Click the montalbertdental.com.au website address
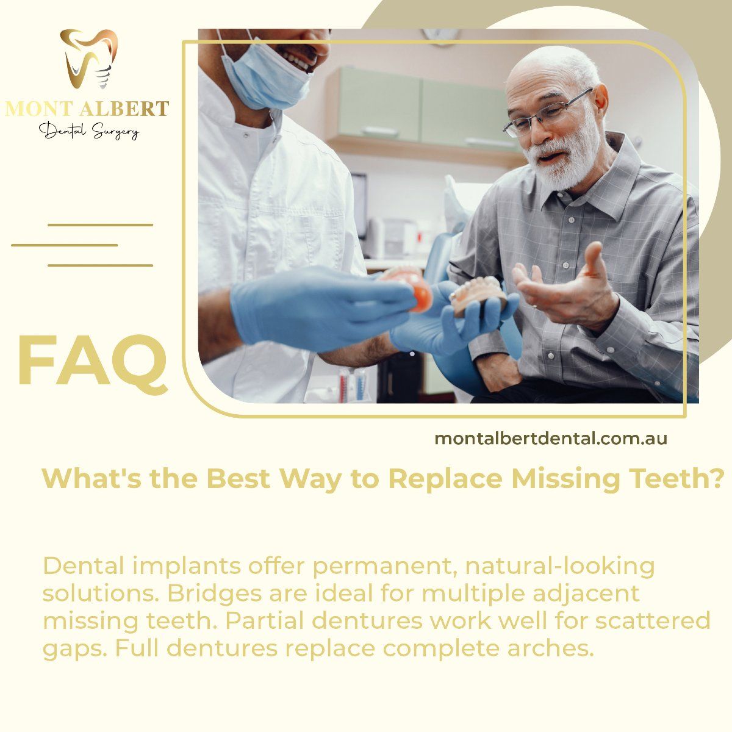(x=551, y=439)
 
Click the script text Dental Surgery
(x=90, y=131)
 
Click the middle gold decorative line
(x=64, y=245)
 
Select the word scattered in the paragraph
(x=652, y=622)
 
